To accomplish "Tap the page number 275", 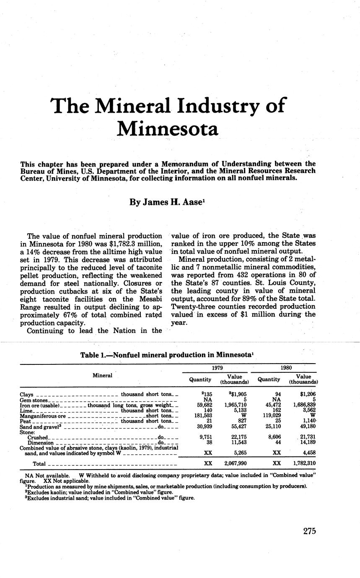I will click(309, 531).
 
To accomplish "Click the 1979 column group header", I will click(215, 368).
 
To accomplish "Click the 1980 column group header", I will click(286, 368).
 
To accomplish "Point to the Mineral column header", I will click(102, 375).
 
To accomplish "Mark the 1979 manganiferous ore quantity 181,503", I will click(202, 416).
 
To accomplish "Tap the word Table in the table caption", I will click(89, 355).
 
